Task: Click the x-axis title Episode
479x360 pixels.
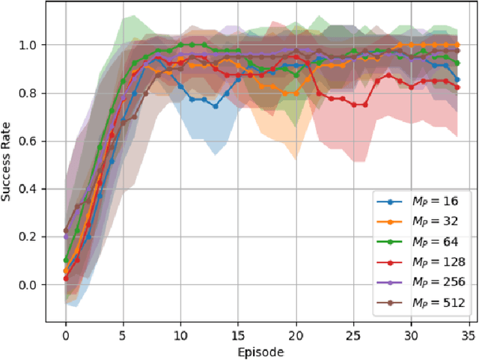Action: point(261,350)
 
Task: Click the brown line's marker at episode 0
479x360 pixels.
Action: point(66,231)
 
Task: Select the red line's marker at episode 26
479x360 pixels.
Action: point(365,105)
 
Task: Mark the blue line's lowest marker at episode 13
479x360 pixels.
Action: point(216,106)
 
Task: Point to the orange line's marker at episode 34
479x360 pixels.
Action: point(457,45)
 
